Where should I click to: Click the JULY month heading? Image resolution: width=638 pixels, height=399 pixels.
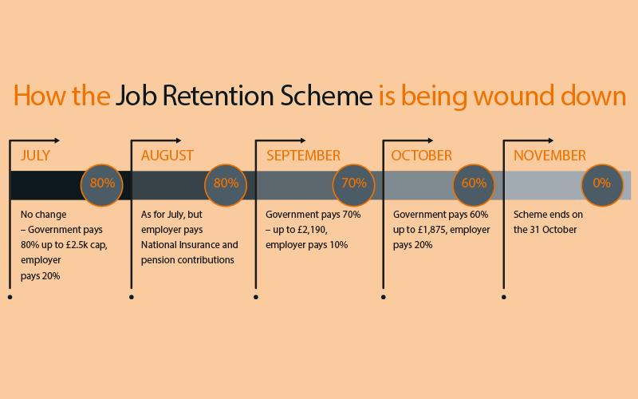[35, 156]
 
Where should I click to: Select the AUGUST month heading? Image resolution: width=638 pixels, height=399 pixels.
[167, 156]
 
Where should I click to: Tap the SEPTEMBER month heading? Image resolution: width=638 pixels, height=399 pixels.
[303, 156]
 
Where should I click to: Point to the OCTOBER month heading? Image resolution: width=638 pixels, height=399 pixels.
[422, 156]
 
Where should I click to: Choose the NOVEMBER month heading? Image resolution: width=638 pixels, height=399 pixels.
[549, 156]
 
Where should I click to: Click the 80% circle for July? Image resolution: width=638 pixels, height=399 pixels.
[102, 185]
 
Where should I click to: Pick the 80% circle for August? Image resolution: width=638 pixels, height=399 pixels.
[226, 185]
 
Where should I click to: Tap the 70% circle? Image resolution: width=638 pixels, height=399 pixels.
[353, 185]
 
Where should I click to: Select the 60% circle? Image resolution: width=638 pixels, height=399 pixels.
[474, 185]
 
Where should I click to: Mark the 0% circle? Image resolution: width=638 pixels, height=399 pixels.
[602, 185]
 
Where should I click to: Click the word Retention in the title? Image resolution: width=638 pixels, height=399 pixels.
[218, 96]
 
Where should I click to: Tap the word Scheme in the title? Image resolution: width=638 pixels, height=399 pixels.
[326, 96]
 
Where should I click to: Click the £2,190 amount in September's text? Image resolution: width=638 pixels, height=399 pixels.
[312, 230]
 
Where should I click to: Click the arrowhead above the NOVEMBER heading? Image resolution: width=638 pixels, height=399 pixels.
[551, 140]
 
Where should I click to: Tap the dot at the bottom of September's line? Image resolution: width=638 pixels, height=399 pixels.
[255, 297]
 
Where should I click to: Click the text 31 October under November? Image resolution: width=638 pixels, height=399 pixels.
[553, 230]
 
